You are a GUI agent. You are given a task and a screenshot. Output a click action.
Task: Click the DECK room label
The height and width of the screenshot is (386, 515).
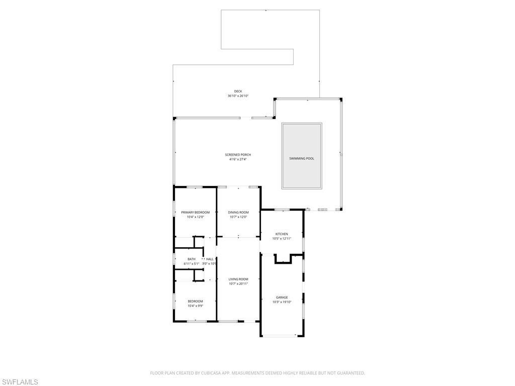[x=238, y=91]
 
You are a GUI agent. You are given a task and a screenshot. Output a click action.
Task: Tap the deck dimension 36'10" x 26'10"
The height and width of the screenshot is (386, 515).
[x=238, y=95]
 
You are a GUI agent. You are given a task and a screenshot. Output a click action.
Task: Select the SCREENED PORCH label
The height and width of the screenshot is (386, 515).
[x=238, y=155]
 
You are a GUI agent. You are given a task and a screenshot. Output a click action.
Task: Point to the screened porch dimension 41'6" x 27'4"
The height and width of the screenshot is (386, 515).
[x=238, y=159]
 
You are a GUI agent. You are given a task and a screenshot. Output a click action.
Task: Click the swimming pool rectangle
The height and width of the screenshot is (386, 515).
[x=302, y=156]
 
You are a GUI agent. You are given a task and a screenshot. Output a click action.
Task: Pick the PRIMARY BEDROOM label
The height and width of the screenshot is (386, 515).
[x=195, y=213]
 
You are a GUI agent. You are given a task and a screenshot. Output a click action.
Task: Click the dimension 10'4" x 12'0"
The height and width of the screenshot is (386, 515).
[x=195, y=217]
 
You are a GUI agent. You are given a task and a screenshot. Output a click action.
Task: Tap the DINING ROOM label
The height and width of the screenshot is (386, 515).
[x=238, y=213]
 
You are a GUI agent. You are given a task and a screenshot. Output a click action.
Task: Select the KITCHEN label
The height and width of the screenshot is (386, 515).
[x=282, y=234]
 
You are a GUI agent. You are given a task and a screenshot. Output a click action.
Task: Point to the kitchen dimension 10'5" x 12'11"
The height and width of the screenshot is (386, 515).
[x=282, y=239]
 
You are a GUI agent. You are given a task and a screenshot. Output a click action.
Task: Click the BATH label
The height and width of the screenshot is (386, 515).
[x=192, y=259]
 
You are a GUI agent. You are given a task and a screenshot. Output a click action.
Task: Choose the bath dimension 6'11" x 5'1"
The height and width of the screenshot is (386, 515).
[x=192, y=263]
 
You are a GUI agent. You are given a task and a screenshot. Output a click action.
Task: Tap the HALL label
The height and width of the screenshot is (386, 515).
[x=210, y=259]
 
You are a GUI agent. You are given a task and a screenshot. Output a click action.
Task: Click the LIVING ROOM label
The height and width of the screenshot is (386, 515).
[x=238, y=279]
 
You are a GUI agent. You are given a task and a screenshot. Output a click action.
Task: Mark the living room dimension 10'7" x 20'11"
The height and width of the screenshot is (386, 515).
[x=238, y=283]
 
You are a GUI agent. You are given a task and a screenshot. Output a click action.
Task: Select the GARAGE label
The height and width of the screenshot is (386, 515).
[x=282, y=298]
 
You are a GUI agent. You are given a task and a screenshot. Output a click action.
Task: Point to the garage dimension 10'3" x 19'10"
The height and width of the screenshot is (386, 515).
[x=282, y=302]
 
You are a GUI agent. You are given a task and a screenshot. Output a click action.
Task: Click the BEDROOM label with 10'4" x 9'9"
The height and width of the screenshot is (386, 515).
[x=195, y=301]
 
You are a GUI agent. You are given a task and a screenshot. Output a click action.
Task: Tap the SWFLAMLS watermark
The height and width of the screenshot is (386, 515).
[x=20, y=381]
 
